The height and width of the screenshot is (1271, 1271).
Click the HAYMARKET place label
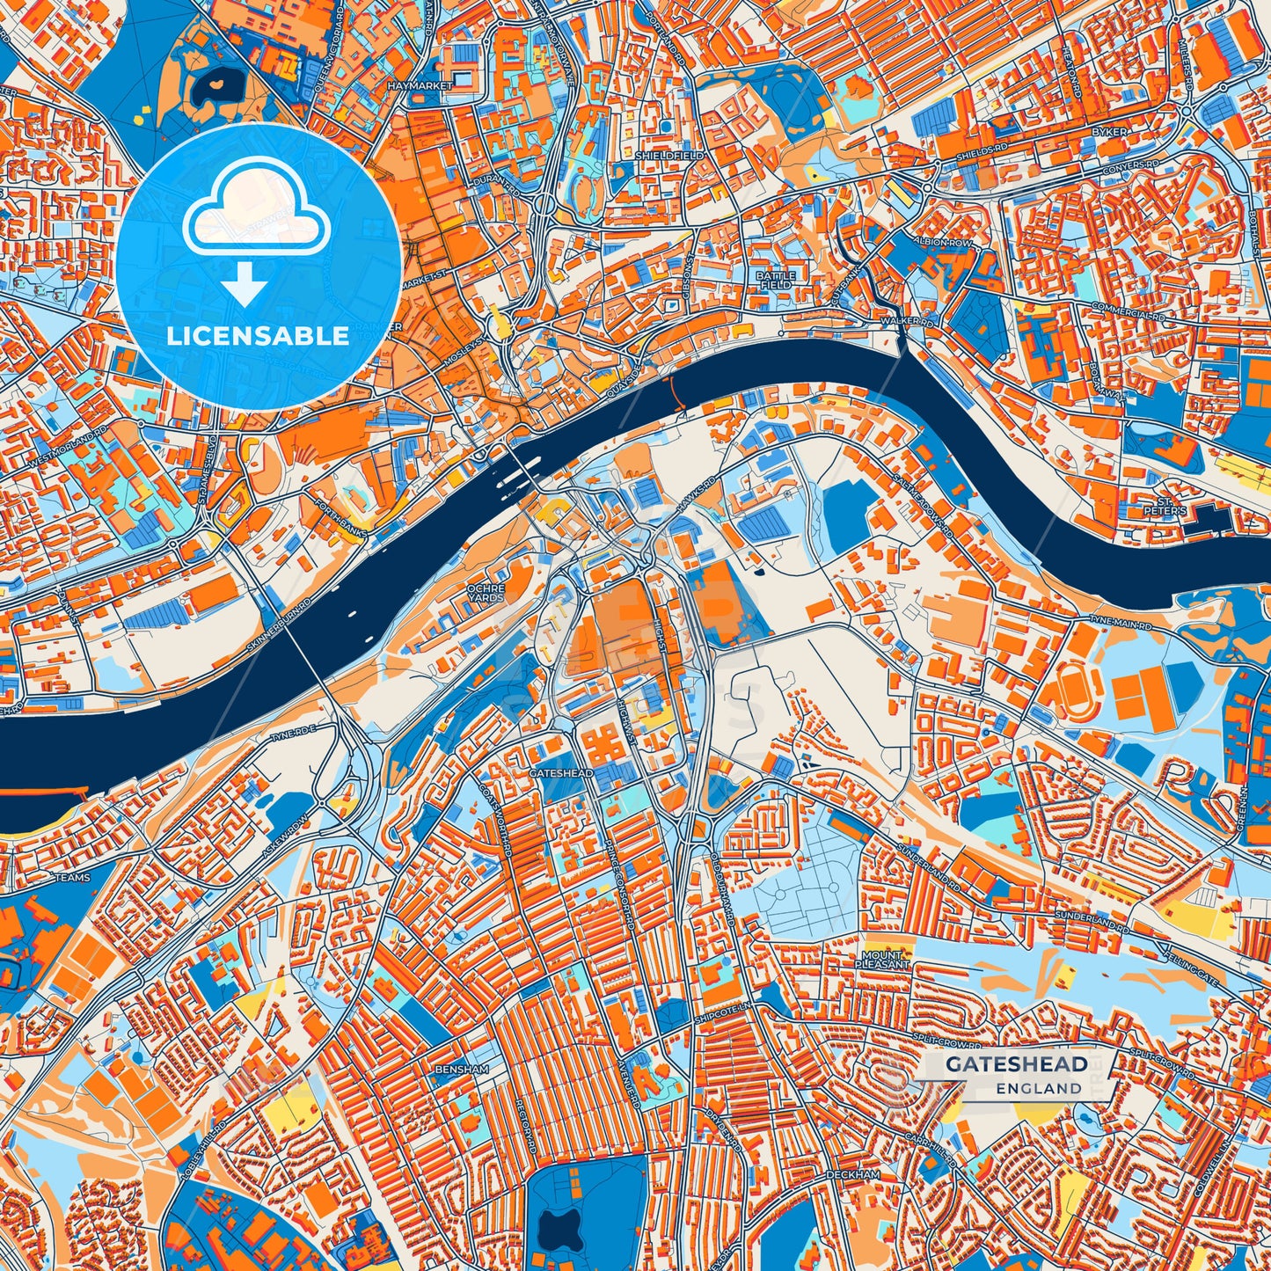(x=420, y=86)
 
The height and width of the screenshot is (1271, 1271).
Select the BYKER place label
(x=1108, y=132)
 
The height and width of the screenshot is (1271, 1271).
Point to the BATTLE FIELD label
(x=776, y=281)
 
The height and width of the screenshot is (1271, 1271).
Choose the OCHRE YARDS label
(x=486, y=593)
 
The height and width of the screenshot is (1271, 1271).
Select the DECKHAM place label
(x=851, y=1175)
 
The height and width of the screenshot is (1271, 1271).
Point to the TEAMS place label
(x=72, y=878)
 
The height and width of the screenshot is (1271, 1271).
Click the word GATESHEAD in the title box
(x=1016, y=1064)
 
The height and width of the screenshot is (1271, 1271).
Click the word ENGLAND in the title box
(x=1039, y=1088)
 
